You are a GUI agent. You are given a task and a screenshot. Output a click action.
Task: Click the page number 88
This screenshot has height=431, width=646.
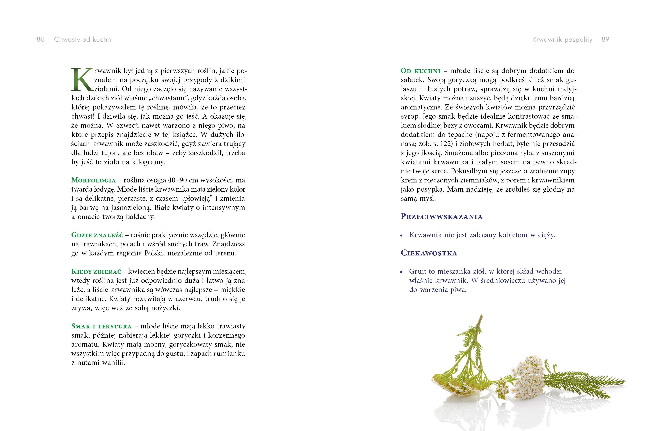pyautogui.click(x=41, y=39)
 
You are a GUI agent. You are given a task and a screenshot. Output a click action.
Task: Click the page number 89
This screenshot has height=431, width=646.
pyautogui.click(x=605, y=39)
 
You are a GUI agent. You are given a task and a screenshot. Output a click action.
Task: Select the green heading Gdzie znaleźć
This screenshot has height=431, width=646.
pyautogui.click(x=97, y=235)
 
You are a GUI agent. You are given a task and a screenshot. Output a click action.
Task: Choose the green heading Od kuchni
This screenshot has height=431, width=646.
pyautogui.click(x=420, y=71)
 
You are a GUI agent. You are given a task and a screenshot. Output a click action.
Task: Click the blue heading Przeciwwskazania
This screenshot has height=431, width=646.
pyautogui.click(x=441, y=217)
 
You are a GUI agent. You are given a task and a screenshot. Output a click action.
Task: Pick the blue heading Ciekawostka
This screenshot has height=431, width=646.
pyautogui.click(x=429, y=253)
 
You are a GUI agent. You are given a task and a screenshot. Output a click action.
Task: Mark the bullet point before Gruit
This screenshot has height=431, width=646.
pyautogui.click(x=401, y=272)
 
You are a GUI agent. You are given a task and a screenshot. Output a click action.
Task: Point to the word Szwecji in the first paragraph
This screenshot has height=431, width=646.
pyautogui.click(x=128, y=126)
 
